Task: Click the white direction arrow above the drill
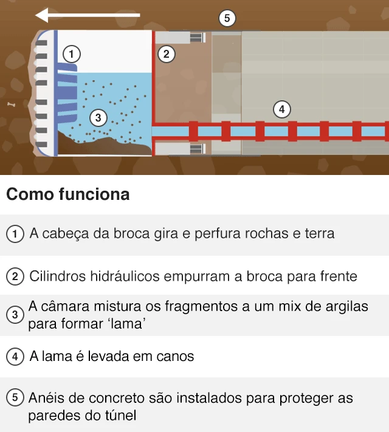(x=88, y=15)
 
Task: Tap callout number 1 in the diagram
(x=72, y=54)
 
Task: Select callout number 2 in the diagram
(x=166, y=54)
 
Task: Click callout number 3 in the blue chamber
(x=98, y=117)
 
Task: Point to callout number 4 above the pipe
(x=281, y=110)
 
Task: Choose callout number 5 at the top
(x=227, y=18)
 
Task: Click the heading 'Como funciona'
(x=67, y=194)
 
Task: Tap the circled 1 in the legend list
(x=15, y=234)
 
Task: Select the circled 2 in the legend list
(x=15, y=276)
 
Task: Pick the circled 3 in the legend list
(x=15, y=315)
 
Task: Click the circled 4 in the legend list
(x=15, y=357)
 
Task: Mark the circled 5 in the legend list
(x=15, y=399)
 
